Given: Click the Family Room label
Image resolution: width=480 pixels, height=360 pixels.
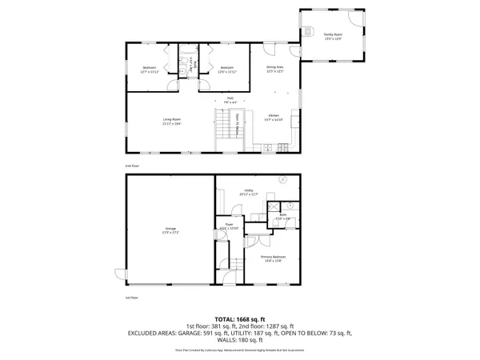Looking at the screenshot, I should pyautogui.click(x=333, y=37).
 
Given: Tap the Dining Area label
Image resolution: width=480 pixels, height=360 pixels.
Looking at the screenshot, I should pyautogui.click(x=275, y=69).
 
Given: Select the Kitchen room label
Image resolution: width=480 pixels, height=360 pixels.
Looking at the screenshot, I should pyautogui.click(x=274, y=118).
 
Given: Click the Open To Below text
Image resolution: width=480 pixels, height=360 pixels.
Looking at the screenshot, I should pyautogui.click(x=238, y=124).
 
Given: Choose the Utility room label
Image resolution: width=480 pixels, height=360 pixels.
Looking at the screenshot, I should pyautogui.click(x=248, y=192).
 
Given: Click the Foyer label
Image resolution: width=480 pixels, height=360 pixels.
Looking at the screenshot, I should pyautogui.click(x=229, y=227).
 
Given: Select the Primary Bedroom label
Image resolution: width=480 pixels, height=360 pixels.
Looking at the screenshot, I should pyautogui.click(x=273, y=258).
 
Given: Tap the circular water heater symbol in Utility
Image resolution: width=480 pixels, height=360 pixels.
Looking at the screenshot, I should pyautogui.click(x=282, y=181).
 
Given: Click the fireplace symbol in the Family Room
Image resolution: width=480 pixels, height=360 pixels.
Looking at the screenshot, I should pyautogui.click(x=306, y=31).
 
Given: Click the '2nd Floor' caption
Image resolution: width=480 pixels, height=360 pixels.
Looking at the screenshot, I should pyautogui.click(x=133, y=166).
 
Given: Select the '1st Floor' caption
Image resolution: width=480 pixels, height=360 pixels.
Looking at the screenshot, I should pyautogui.click(x=133, y=297).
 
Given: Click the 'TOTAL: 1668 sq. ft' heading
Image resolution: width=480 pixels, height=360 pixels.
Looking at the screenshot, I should pyautogui.click(x=239, y=318).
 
